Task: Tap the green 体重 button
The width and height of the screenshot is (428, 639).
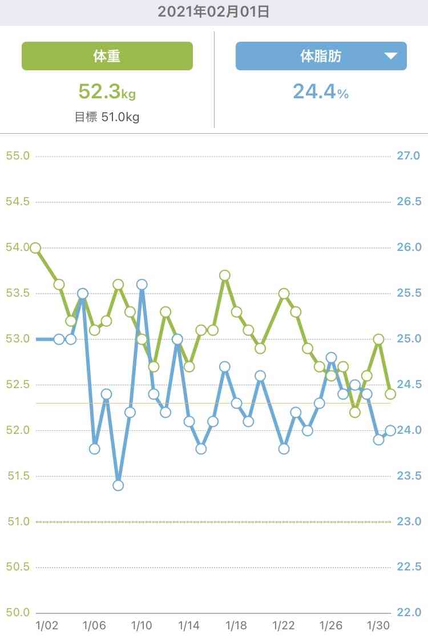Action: point(107,56)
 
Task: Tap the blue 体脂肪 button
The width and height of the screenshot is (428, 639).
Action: point(321,56)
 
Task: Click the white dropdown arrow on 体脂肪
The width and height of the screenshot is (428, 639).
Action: point(390,56)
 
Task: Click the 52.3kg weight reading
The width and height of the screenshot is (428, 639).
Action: point(107,91)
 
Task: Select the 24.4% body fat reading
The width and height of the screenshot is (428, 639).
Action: point(321,91)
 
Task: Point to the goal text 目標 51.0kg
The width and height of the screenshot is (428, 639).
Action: point(107,117)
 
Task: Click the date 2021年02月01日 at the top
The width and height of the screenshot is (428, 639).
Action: point(213,12)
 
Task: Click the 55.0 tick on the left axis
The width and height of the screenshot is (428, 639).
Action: point(17,156)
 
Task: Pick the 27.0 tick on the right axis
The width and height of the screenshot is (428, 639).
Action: point(409,156)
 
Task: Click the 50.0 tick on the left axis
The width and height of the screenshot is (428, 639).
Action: point(17,613)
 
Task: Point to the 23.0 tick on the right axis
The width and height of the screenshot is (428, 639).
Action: point(409,521)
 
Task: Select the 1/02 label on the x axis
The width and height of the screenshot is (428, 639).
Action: point(47,625)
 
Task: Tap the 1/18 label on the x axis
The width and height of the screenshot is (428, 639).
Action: point(236,625)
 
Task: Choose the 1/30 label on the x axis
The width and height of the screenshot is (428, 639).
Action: point(378,625)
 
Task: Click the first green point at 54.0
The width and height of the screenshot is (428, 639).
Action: point(35,247)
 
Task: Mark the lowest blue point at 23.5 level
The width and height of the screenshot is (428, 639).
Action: point(118,485)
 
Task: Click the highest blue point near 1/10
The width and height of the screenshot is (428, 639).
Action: point(142,284)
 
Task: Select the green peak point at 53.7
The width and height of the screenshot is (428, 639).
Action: point(225,275)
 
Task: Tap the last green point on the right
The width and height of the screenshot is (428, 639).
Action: point(390,394)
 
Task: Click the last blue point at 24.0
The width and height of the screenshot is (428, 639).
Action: point(390,430)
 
